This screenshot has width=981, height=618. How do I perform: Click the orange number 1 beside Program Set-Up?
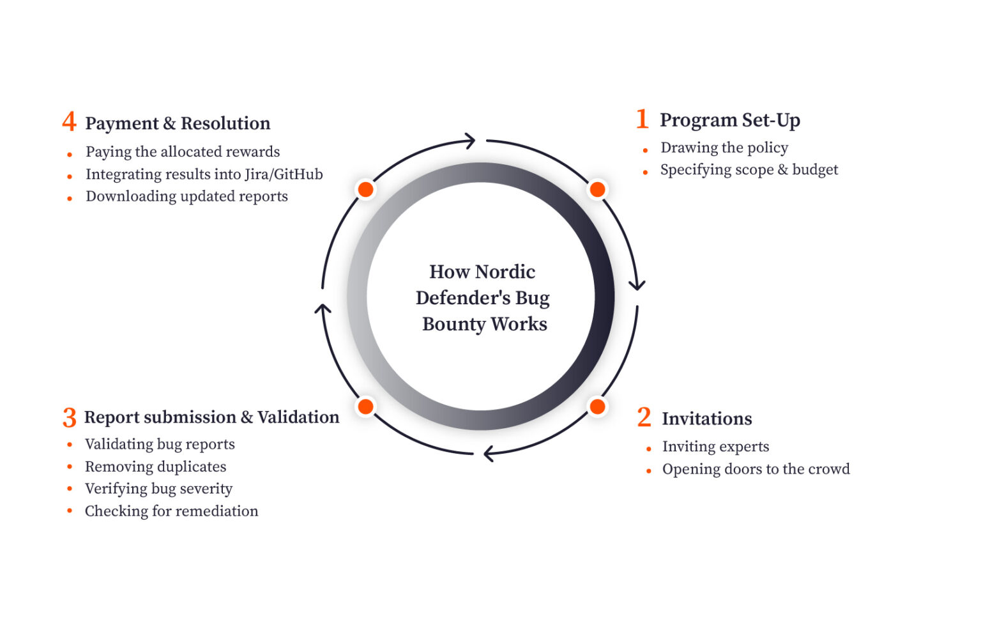pos(643,120)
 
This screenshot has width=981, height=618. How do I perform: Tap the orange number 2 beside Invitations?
pos(644,418)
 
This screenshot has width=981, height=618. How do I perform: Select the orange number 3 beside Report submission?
pos(70,418)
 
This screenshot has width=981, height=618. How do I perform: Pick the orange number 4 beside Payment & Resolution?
pos(69,122)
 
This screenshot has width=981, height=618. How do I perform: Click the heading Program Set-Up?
pos(729,120)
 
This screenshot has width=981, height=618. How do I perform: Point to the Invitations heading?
pos(706,419)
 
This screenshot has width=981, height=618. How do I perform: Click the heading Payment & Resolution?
pos(178,123)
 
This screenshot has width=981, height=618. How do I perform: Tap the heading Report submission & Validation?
pos(211,417)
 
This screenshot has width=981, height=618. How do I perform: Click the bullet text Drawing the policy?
pos(724,148)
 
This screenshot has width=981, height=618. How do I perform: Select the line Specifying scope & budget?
pos(749,170)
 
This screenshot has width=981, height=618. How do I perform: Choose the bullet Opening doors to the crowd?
pos(756,469)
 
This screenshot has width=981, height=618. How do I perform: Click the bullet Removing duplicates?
pos(155,467)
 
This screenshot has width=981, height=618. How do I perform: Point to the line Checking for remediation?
pos(171,511)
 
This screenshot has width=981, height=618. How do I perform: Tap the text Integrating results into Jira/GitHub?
pos(204,174)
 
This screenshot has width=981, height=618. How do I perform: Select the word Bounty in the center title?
pos(453,324)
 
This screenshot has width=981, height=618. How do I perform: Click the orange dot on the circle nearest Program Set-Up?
pos(597,189)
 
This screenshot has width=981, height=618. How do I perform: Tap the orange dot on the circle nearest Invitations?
pos(597,406)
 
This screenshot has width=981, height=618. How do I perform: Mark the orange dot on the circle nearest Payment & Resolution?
pos(365,189)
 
